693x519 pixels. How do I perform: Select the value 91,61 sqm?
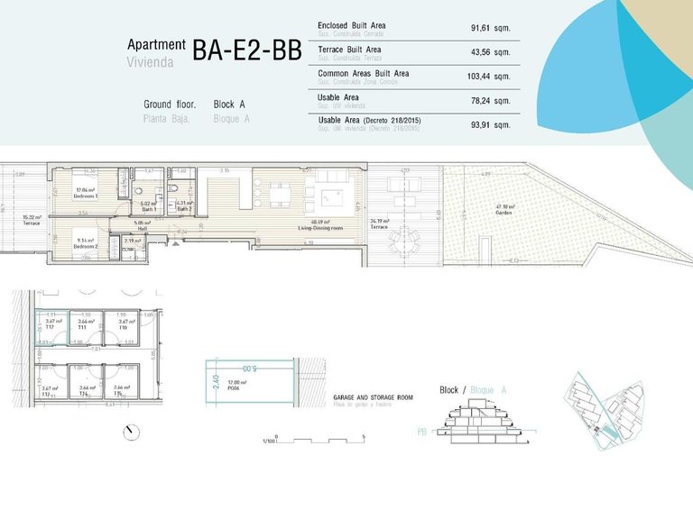pos(491,28)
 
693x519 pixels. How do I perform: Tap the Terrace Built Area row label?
pos(349,49)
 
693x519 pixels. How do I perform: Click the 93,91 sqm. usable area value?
pos(491,123)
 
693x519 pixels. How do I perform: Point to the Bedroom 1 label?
pos(86,196)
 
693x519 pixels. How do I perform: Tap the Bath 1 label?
pos(148,208)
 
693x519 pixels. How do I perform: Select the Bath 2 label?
pos(184,208)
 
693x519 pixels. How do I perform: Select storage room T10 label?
pos(123,329)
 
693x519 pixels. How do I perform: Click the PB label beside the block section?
pos(421,431)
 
